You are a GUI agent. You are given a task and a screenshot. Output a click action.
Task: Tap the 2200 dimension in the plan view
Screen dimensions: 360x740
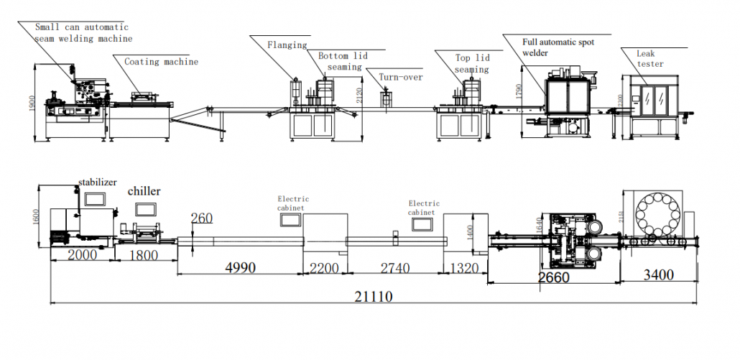[324, 268]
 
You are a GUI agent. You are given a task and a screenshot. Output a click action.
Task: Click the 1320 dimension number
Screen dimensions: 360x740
[463, 268]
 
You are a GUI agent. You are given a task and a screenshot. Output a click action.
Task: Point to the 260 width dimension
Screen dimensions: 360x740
[202, 218]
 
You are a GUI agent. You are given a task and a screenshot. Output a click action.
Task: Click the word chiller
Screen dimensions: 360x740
[144, 191]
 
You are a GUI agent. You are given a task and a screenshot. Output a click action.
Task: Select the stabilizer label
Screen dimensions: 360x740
[97, 183]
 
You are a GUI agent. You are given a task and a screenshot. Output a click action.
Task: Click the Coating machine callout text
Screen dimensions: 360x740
[161, 62]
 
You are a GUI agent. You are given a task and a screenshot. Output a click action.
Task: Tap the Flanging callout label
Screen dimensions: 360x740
[287, 45]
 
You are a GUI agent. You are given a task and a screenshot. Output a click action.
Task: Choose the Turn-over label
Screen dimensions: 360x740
[401, 77]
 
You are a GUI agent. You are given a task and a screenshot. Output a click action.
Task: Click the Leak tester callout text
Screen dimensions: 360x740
[649, 58]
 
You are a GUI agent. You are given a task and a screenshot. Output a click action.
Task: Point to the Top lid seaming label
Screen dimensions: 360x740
[472, 64]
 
